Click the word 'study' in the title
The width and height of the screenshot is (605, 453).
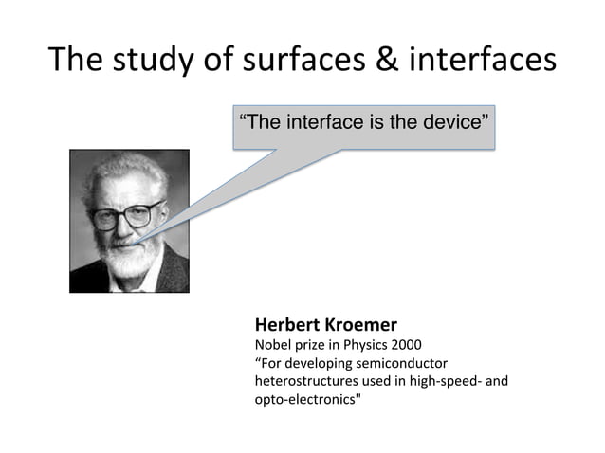point(150,59)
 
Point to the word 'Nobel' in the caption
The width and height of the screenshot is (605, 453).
point(272,344)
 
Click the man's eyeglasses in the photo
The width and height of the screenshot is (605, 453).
point(126,215)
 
